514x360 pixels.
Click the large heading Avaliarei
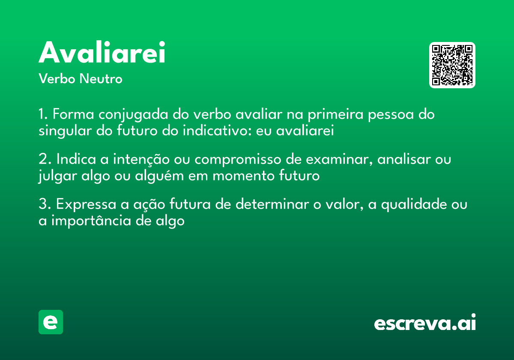click(x=102, y=53)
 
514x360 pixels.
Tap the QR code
click(x=452, y=65)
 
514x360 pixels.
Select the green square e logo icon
click(x=51, y=322)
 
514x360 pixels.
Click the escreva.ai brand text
click(x=425, y=323)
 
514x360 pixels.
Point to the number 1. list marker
click(x=44, y=115)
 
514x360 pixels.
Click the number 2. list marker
click(x=45, y=159)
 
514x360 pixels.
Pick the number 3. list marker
click(x=45, y=204)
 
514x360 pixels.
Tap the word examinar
click(x=331, y=159)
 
